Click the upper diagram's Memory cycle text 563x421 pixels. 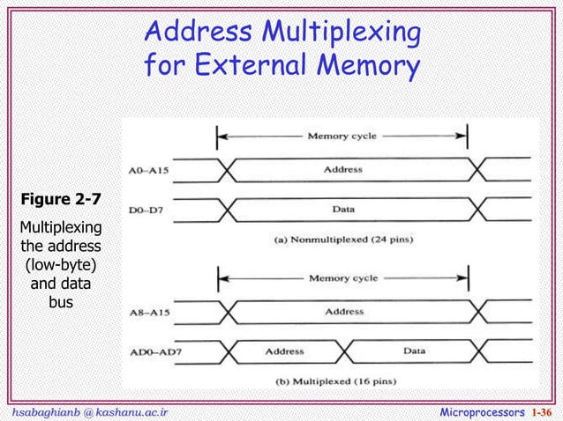[342, 137]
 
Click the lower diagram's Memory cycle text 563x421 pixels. [342, 278]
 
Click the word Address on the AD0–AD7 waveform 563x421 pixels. [288, 351]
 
